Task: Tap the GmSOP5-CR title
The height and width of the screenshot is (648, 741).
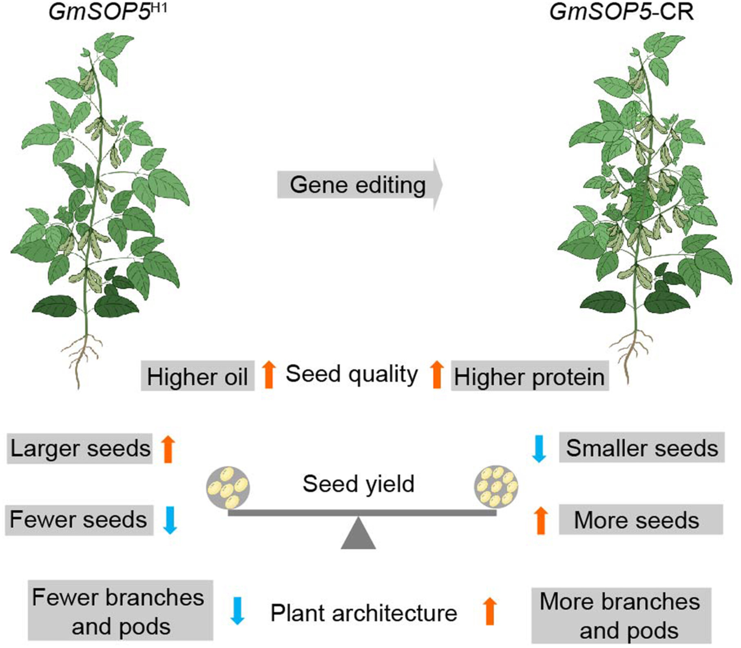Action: point(622,11)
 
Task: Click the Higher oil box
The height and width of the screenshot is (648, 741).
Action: point(197,376)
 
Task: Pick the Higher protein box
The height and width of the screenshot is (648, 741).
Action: point(530,376)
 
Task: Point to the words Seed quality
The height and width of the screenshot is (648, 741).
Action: point(352,374)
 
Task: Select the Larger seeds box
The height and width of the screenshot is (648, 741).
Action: point(80,449)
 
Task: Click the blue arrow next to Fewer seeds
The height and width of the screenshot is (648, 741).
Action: point(170,520)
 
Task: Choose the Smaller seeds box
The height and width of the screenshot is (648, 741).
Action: point(641,447)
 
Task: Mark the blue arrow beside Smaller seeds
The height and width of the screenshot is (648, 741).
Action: point(539,449)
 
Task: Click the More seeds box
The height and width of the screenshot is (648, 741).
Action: point(641,519)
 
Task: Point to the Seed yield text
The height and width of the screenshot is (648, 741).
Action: point(358,484)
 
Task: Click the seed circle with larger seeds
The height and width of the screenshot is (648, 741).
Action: point(228,487)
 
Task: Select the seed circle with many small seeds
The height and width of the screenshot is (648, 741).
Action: point(496,487)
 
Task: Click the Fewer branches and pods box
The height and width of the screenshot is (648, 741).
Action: point(120,610)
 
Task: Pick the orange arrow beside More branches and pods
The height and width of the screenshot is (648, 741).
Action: point(490,611)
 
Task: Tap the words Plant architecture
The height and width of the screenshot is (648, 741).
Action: point(364,613)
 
